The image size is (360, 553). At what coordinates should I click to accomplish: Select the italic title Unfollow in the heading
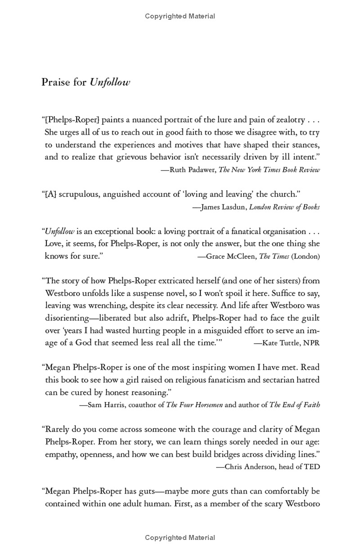pos(110,82)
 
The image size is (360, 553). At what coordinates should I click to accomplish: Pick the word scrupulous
pos(79,194)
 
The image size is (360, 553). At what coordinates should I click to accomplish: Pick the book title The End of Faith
pos(295,404)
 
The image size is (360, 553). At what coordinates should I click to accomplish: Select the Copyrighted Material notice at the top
pos(180,16)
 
